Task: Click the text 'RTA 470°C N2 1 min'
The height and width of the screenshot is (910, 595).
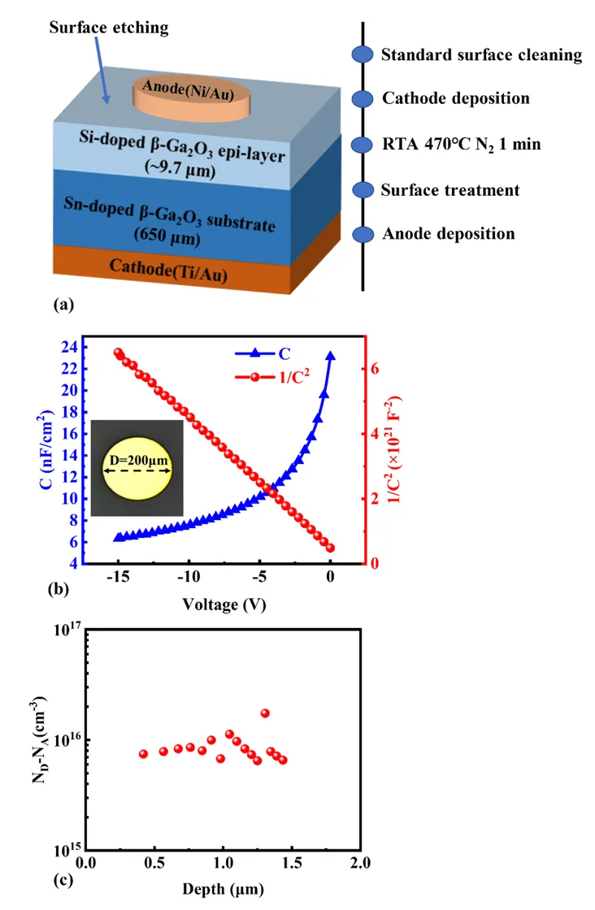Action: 461,145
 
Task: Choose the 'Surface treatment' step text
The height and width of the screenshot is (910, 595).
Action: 450,190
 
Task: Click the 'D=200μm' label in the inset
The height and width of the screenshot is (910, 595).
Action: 138,460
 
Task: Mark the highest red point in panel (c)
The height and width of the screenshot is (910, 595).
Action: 265,713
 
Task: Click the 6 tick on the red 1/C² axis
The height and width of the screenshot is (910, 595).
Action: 375,368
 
